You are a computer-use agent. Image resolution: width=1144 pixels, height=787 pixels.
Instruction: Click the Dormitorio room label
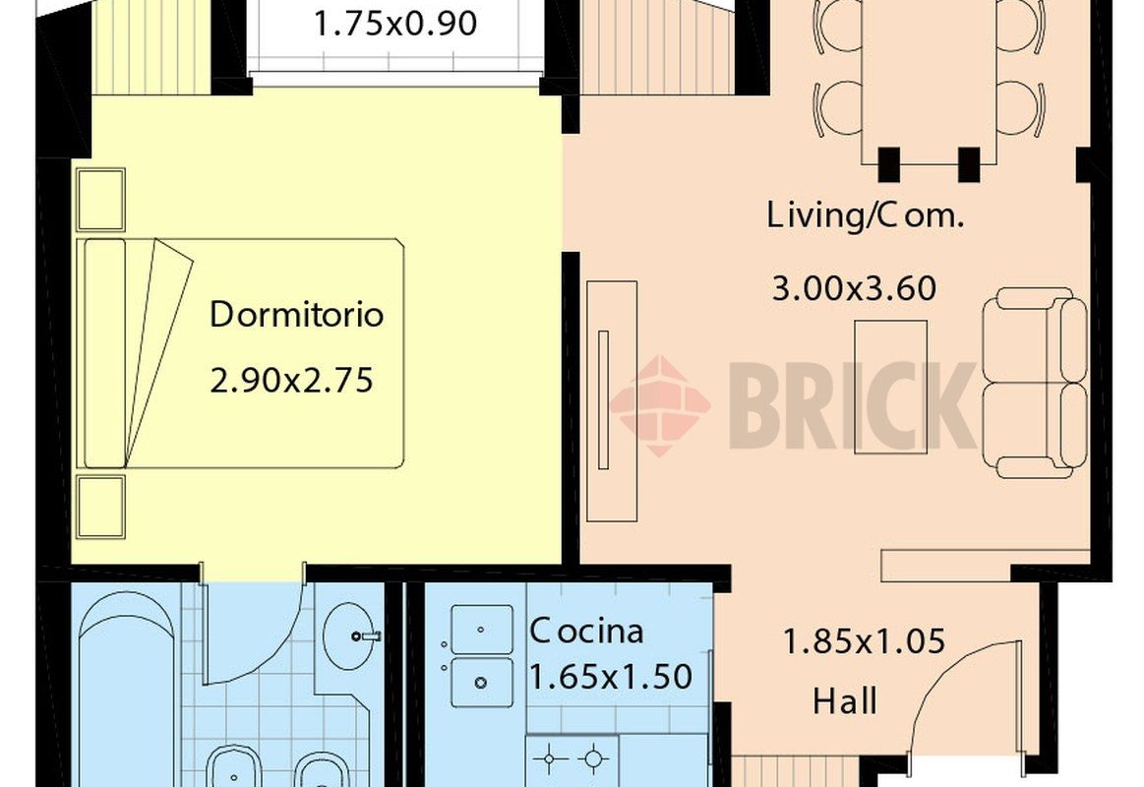pyautogui.click(x=296, y=316)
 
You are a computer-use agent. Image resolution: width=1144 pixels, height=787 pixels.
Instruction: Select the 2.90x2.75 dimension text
pyautogui.click(x=292, y=380)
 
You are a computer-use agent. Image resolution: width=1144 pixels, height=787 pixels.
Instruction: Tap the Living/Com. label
pyautogui.click(x=865, y=216)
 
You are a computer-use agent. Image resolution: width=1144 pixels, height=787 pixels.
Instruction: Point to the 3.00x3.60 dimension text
pyautogui.click(x=853, y=289)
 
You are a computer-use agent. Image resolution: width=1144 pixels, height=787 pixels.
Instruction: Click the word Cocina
pyautogui.click(x=586, y=631)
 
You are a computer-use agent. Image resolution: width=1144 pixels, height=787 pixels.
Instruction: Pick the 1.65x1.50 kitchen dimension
pyautogui.click(x=611, y=677)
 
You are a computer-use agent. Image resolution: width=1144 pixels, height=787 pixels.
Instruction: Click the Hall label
pyautogui.click(x=845, y=702)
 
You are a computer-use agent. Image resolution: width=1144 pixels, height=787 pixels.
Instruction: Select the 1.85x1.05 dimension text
pyautogui.click(x=863, y=642)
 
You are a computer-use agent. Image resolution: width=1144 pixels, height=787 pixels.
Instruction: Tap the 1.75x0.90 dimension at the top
pyautogui.click(x=395, y=23)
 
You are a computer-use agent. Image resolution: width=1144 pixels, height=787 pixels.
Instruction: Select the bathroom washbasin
pyautogui.click(x=354, y=636)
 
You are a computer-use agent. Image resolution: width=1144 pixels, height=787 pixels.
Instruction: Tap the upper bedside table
pyautogui.click(x=100, y=200)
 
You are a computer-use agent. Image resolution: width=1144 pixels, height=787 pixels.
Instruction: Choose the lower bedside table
pyautogui.click(x=100, y=507)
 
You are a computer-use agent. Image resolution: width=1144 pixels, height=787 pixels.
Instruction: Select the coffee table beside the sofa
pyautogui.click(x=890, y=387)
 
